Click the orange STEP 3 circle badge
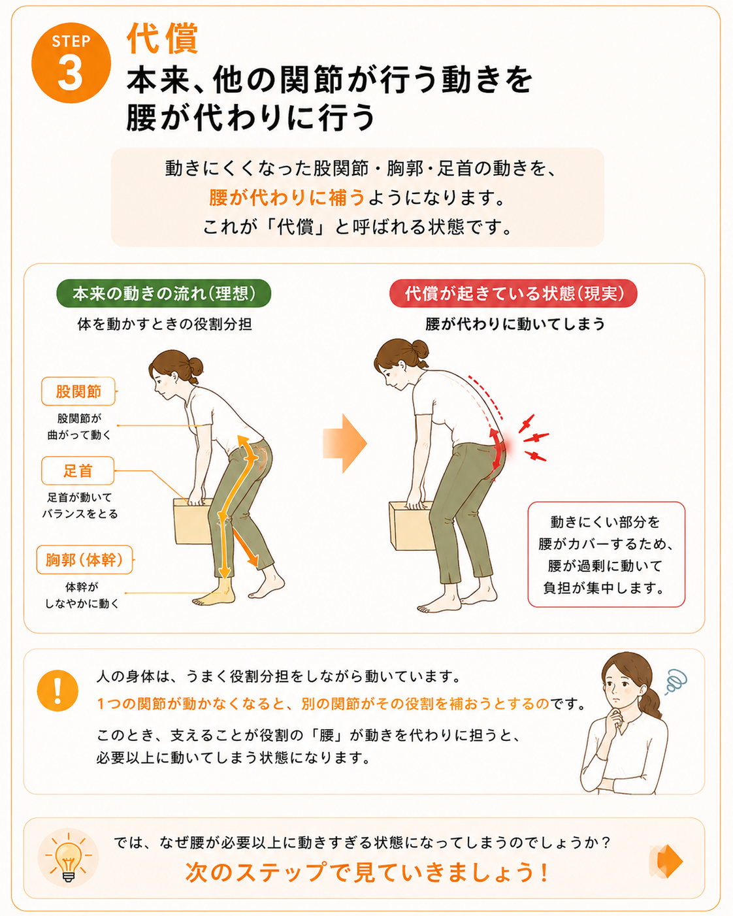pyautogui.click(x=71, y=63)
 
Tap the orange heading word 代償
pyautogui.click(x=163, y=39)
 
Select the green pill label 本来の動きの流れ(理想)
pyautogui.click(x=164, y=293)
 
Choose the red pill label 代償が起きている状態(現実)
pyautogui.click(x=513, y=293)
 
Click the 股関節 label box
pyautogui.click(x=78, y=391)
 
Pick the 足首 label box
pyautogui.click(x=78, y=471)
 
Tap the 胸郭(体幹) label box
pyautogui.click(x=84, y=560)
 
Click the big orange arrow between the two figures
pyautogui.click(x=345, y=443)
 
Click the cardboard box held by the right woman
pyautogui.click(x=410, y=526)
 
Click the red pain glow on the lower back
pyautogui.click(x=502, y=447)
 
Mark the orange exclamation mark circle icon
pyautogui.click(x=57, y=691)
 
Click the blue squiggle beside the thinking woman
pyautogui.click(x=675, y=681)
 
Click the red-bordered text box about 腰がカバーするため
pyautogui.click(x=606, y=554)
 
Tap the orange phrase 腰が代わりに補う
pyautogui.click(x=287, y=197)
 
